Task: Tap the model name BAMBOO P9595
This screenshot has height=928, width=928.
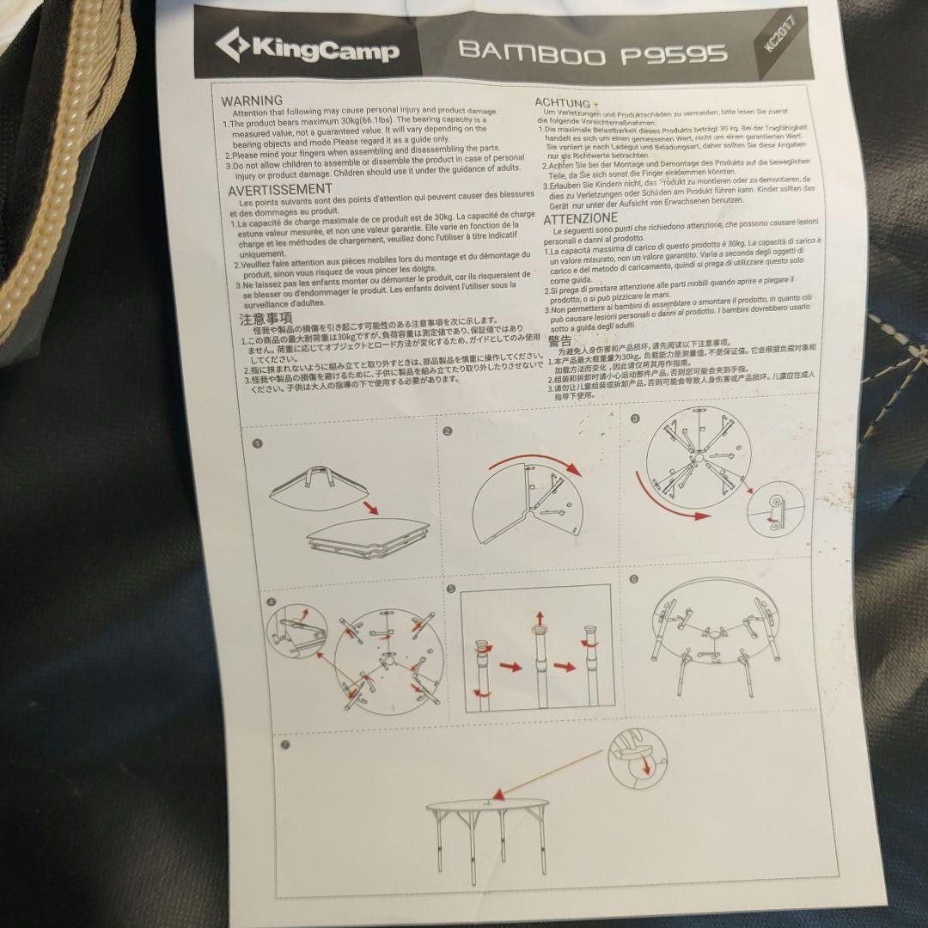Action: (x=593, y=52)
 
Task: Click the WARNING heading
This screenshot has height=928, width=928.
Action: (x=251, y=101)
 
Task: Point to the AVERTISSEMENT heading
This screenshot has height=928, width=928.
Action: (x=279, y=188)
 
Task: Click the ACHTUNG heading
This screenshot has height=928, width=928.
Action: (x=563, y=103)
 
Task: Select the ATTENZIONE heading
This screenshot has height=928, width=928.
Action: (x=581, y=218)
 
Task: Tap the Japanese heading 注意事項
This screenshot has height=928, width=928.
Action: (x=267, y=319)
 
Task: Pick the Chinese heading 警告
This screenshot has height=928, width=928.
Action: (x=559, y=341)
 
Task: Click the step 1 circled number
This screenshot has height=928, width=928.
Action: (x=257, y=444)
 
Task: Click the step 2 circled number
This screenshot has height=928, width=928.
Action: (x=448, y=431)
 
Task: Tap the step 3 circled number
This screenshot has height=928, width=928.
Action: (x=635, y=419)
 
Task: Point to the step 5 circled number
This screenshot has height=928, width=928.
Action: (x=450, y=589)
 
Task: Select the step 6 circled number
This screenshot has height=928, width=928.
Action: (x=634, y=578)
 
